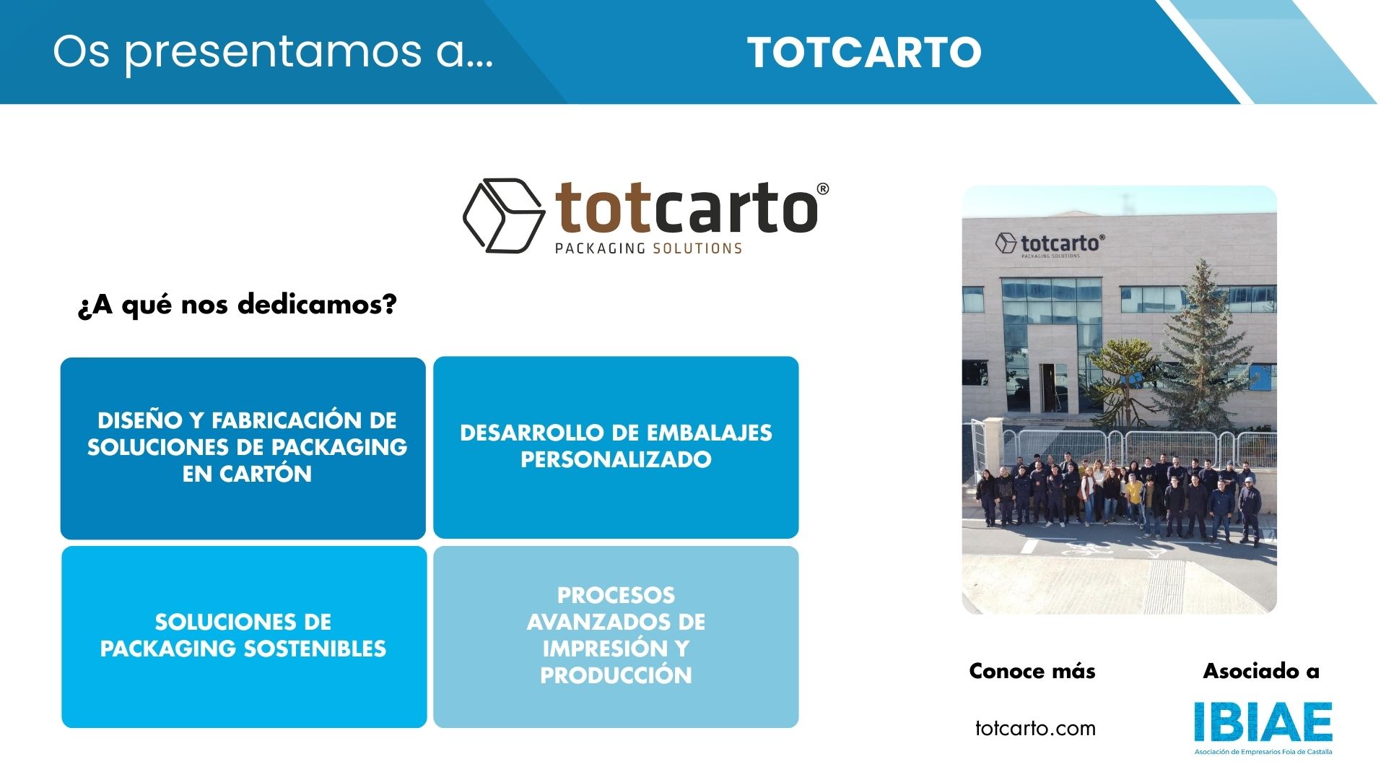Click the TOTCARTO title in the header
point(864,53)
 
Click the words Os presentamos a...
point(273,52)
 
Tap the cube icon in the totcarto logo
point(503,215)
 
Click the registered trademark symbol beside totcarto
point(822,189)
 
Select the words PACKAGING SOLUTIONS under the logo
point(648,248)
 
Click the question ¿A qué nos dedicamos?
point(237,305)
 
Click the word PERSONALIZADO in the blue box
point(616,459)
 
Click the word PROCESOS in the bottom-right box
point(616,595)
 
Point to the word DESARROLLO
point(532,433)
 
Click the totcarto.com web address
point(1035,728)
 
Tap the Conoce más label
point(1032,671)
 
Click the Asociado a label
point(1261,671)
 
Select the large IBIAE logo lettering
point(1263,722)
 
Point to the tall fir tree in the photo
point(1201,347)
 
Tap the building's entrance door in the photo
point(1052,388)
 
